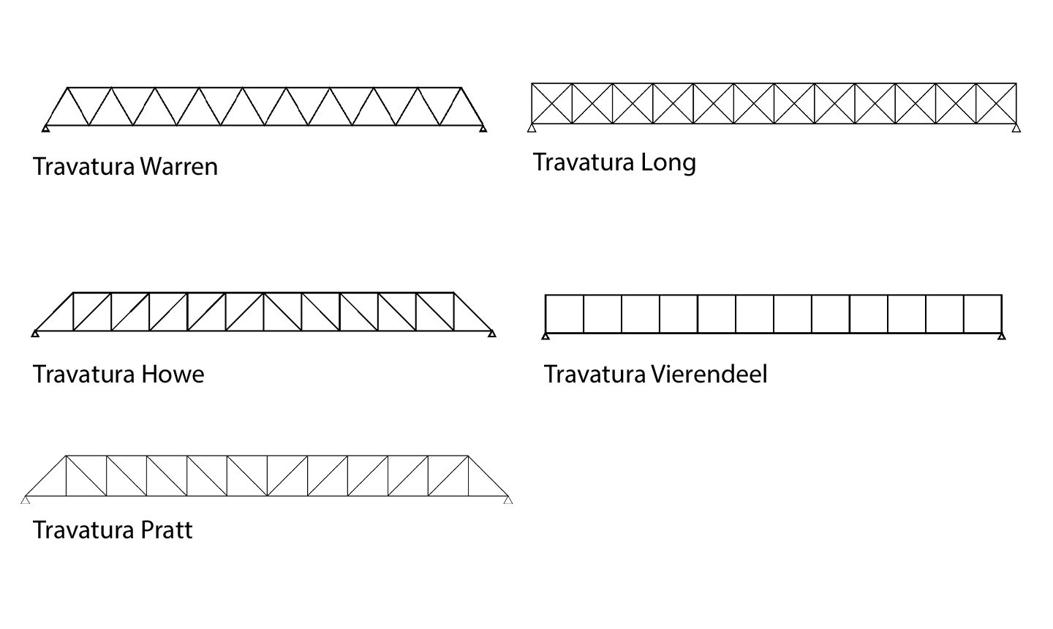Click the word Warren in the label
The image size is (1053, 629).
pos(178,167)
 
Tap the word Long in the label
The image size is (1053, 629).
pos(668,162)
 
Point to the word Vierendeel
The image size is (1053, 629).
pos(709,374)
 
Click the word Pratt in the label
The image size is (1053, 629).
pos(166,530)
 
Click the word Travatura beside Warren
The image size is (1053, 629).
pos(84,167)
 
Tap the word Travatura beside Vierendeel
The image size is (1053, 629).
pos(595,374)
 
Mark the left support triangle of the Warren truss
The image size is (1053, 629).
pos(45,129)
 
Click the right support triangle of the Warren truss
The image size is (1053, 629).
pos(483,129)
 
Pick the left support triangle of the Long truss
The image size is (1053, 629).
pos(532,129)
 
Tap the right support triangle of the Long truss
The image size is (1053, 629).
pos(1016,129)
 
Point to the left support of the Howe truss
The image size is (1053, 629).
pos(35,334)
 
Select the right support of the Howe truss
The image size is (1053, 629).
pos(492,334)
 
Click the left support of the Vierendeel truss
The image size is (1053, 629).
pos(546,336)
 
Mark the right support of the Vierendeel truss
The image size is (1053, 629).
pos(1002,336)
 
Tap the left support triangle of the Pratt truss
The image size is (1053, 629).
pos(26,500)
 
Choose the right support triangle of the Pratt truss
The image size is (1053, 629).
pos(508,500)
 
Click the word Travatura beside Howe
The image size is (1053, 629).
pos(84,374)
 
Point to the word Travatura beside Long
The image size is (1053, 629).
pos(584,162)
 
